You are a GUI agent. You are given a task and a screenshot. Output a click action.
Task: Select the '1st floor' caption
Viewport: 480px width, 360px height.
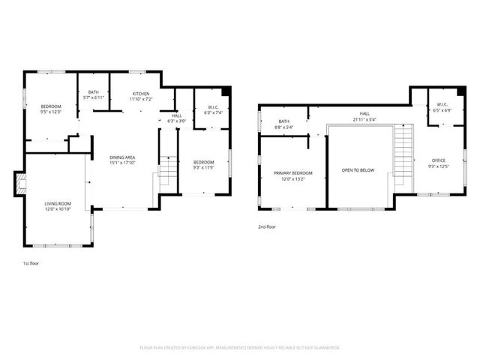pyautogui.click(x=31, y=263)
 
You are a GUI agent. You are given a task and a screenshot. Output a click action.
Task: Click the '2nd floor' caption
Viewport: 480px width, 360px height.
pyautogui.click(x=267, y=226)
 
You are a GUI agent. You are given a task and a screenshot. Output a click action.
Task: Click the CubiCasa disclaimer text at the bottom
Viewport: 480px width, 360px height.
pyautogui.click(x=240, y=348)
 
